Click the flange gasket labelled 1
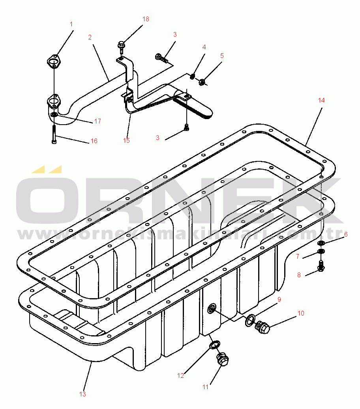pyautogui.click(x=54, y=61)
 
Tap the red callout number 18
pyautogui.click(x=146, y=19)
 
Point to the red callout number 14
pyautogui.click(x=321, y=100)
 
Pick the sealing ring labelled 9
pyautogui.click(x=250, y=320)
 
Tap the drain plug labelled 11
pyautogui.click(x=222, y=359)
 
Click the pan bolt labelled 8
pyautogui.click(x=321, y=266)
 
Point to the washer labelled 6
pyautogui.click(x=321, y=243)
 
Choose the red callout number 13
pyautogui.click(x=82, y=394)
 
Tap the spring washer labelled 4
pyautogui.click(x=192, y=77)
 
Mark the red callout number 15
pyautogui.click(x=126, y=140)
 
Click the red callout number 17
pyautogui.click(x=97, y=121)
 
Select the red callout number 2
pyautogui.click(x=90, y=37)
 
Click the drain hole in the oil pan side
pyautogui.click(x=212, y=309)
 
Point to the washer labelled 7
pyautogui.click(x=321, y=252)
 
